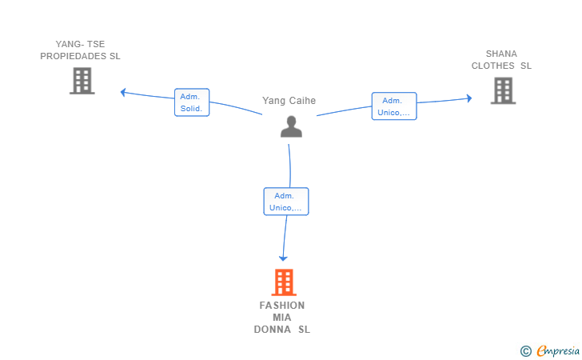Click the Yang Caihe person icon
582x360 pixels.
coord(291,126)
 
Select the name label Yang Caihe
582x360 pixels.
coord(289,101)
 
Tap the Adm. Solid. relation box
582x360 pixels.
coord(192,102)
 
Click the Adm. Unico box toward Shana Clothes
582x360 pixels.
coord(394,106)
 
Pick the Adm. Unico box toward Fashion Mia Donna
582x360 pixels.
coord(286,202)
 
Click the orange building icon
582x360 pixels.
coord(284,282)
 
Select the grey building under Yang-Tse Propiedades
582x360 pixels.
coord(82,81)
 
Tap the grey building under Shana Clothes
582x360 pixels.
coord(504,90)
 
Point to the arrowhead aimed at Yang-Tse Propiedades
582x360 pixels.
coord(123,92)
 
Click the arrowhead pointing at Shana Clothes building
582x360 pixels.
coord(469,98)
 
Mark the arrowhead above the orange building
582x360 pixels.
coord(283,258)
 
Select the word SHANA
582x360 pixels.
coord(501,54)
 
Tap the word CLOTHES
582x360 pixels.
coord(493,66)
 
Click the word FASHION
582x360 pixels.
coord(282,306)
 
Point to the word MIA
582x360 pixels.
coord(282,318)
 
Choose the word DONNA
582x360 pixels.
coord(273,330)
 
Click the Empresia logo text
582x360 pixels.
coord(558,350)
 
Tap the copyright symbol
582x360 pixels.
coord(525,351)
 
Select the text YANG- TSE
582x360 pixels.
coord(80,44)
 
